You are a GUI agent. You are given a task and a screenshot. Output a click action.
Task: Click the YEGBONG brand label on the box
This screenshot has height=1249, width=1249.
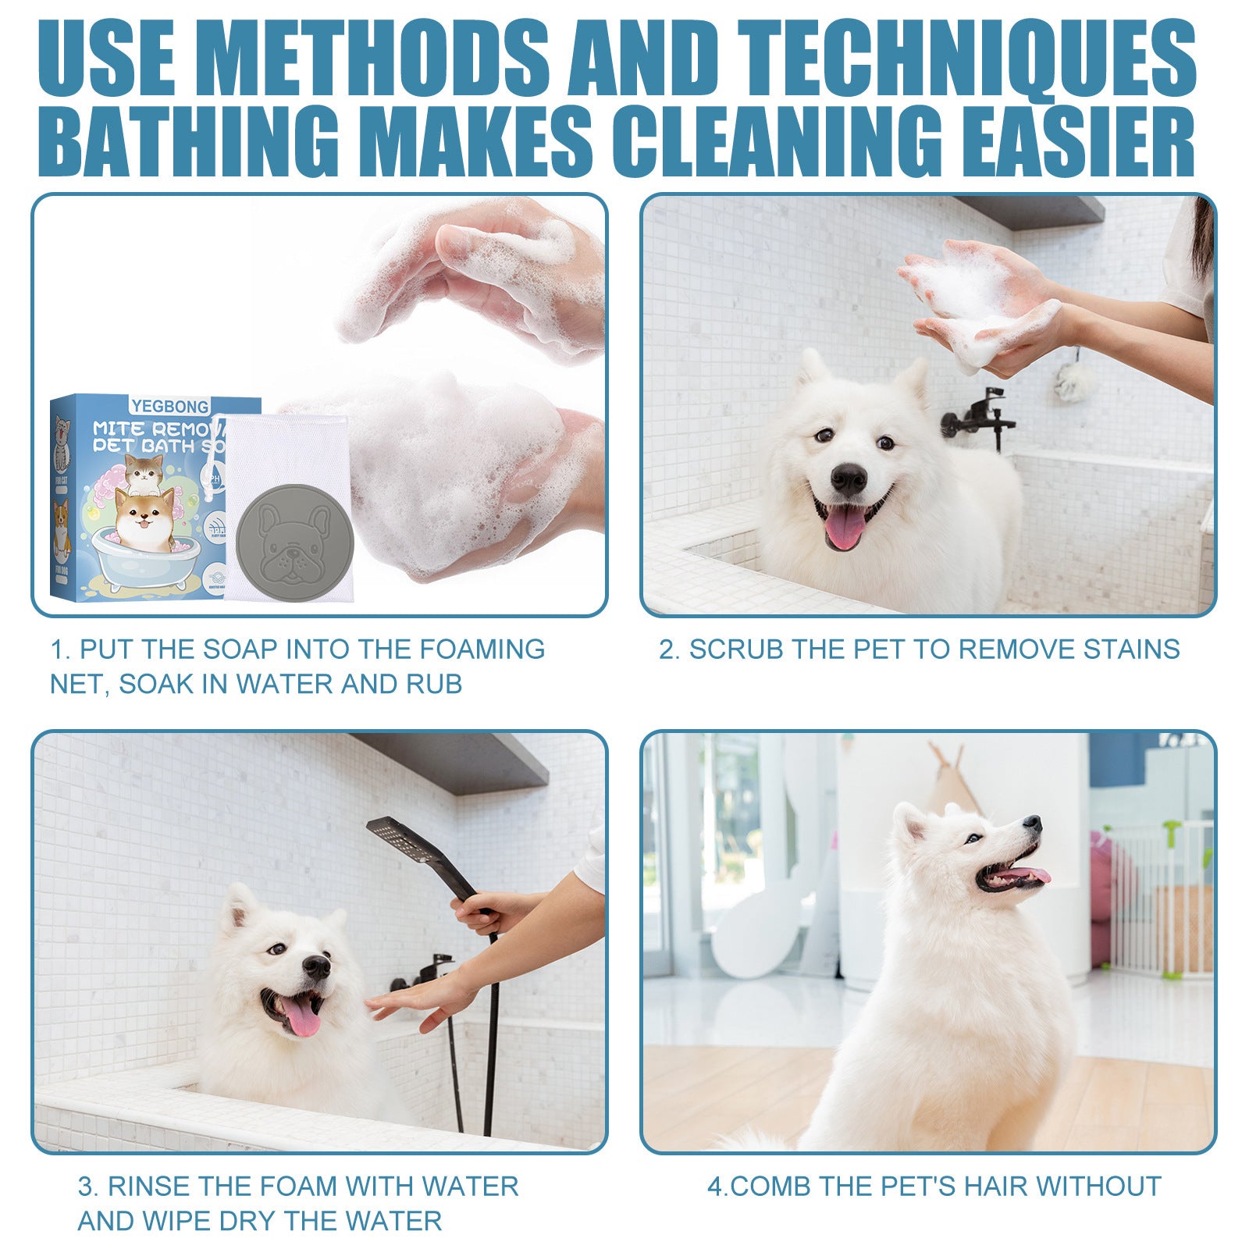click(x=169, y=406)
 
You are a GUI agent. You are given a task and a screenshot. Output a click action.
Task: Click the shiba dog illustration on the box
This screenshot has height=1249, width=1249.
click(x=144, y=515)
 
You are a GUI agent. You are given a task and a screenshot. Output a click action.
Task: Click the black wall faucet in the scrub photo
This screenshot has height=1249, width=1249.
click(x=980, y=414)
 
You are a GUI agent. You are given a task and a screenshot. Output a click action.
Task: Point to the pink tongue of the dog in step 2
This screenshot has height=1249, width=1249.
click(x=845, y=528)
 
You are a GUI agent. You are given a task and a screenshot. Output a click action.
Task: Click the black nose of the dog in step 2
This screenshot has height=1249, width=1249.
click(x=849, y=477)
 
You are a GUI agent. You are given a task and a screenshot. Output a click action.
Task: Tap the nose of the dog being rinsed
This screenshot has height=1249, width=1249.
click(x=316, y=966)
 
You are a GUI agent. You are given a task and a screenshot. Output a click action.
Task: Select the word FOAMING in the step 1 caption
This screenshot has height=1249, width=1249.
click(x=482, y=649)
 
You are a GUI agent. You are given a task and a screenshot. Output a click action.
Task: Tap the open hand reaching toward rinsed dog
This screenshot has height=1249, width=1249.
click(x=414, y=1003)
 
